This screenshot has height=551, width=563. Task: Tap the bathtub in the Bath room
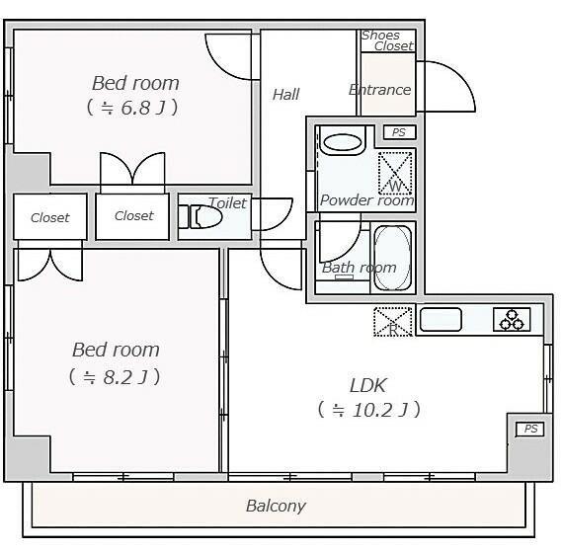(392, 258)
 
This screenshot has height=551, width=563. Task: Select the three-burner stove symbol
(512, 319)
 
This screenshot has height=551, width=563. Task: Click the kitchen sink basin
(441, 319)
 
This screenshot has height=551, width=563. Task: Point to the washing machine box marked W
(395, 174)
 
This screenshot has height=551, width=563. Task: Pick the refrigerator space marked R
(393, 321)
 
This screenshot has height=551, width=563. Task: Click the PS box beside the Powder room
(399, 132)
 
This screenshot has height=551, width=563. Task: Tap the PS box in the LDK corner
(530, 429)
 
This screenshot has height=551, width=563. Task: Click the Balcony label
(276, 506)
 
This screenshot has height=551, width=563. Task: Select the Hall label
(285, 95)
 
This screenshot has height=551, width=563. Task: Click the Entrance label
(380, 90)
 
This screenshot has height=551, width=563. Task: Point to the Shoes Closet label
(387, 40)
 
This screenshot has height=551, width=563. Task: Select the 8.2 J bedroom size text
(115, 377)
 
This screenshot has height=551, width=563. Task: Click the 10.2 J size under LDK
(369, 410)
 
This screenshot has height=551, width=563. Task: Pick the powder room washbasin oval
(343, 143)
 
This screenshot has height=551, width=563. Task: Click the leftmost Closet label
(50, 217)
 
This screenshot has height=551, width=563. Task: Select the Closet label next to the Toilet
(134, 215)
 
